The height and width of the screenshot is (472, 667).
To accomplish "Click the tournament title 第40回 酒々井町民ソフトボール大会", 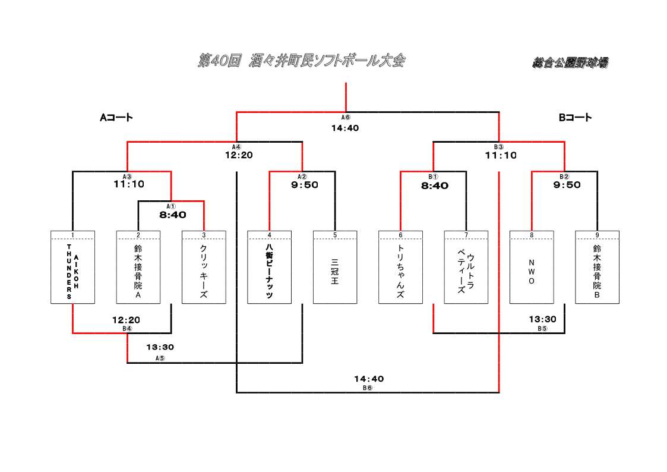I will (x=301, y=61).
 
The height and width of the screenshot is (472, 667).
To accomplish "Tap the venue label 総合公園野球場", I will (x=570, y=63).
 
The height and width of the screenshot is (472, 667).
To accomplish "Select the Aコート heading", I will (x=116, y=118).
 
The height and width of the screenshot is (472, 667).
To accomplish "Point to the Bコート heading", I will (x=575, y=118).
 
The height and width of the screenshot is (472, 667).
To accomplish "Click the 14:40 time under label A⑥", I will (x=345, y=128).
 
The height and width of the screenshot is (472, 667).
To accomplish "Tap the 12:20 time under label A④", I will (x=239, y=155).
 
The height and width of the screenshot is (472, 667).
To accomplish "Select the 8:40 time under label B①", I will (x=435, y=185).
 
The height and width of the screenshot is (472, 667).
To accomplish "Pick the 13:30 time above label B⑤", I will (x=543, y=319).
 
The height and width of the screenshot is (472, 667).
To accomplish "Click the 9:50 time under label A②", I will (x=305, y=185).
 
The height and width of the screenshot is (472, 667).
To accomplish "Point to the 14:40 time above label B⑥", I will (x=369, y=379).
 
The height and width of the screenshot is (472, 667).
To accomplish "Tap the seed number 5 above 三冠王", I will (x=335, y=235).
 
